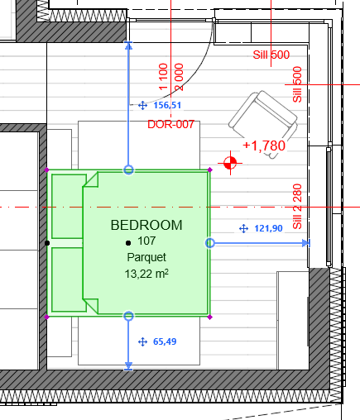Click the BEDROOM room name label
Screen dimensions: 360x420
pyautogui.click(x=146, y=225)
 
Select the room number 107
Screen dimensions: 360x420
pyautogui.click(x=146, y=241)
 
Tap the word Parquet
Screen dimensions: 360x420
pyautogui.click(x=146, y=257)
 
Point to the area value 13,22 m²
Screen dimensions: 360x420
pyautogui.click(x=146, y=274)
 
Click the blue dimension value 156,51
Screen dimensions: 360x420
pyautogui.click(x=167, y=105)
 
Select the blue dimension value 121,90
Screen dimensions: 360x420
pyautogui.click(x=268, y=228)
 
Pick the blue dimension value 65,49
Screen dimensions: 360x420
pyautogui.click(x=165, y=341)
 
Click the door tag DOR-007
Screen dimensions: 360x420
pyautogui.click(x=170, y=124)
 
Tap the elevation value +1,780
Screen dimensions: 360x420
pyautogui.click(x=264, y=146)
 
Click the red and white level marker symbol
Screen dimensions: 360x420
pyautogui.click(x=230, y=163)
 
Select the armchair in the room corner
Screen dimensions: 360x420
pyautogui.click(x=263, y=122)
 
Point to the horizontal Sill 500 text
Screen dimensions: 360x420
pyautogui.click(x=271, y=55)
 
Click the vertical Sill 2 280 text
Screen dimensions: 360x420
pyautogui.click(x=297, y=207)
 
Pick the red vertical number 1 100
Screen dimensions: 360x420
pyautogui.click(x=163, y=77)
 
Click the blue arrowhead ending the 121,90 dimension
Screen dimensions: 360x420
pyautogui.click(x=306, y=243)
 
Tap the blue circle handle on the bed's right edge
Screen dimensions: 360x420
pyautogui.click(x=210, y=243)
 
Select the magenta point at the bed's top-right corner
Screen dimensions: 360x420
pyautogui.click(x=210, y=169)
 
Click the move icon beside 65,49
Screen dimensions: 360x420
pyautogui.click(x=142, y=342)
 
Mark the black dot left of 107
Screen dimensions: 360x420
pyautogui.click(x=128, y=243)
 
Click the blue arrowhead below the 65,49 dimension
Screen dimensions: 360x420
pyautogui.click(x=128, y=365)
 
